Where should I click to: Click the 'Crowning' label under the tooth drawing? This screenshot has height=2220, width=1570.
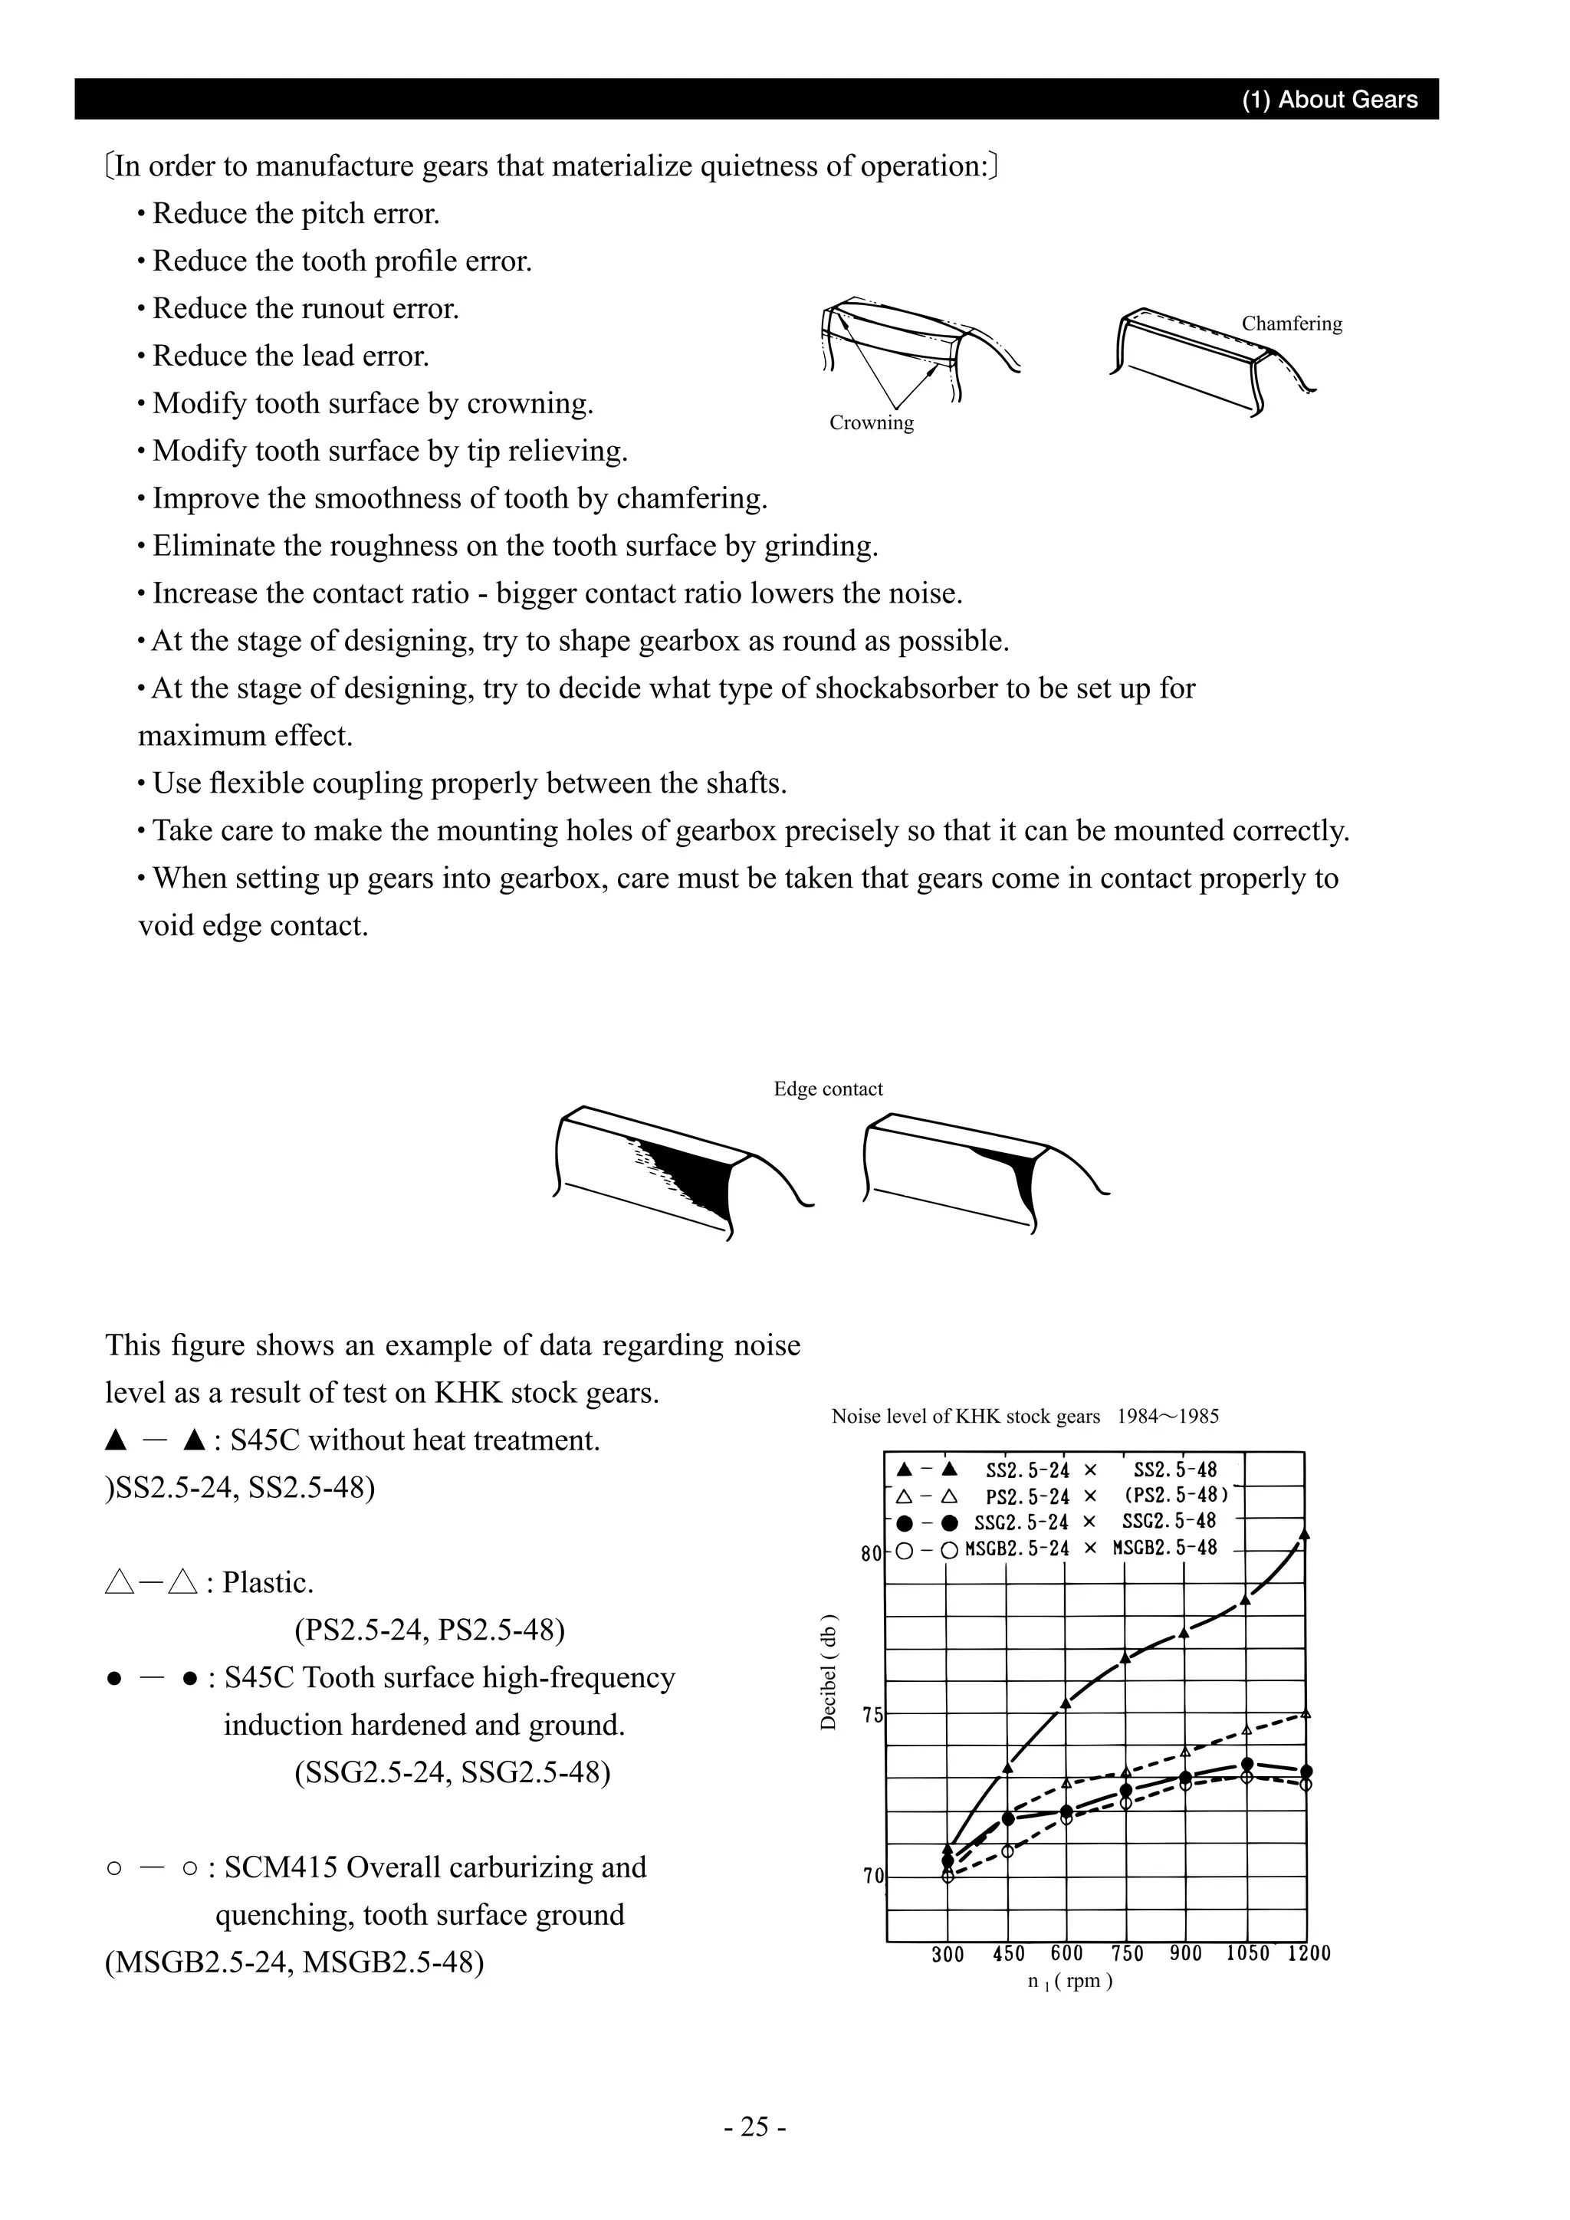871,422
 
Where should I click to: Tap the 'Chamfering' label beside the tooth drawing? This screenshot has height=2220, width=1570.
1292,324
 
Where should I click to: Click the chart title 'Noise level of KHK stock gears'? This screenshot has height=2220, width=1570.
965,1417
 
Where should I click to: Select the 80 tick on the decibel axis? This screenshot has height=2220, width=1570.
870,1554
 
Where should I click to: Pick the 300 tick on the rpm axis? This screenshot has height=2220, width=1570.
948,1954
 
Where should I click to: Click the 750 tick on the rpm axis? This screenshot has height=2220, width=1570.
1127,1953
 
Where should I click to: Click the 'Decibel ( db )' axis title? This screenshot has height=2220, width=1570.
829,1672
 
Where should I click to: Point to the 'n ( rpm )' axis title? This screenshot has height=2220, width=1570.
1070,1980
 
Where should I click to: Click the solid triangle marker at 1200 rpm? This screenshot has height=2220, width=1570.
1305,1535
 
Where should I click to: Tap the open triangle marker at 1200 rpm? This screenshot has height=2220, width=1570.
1305,1713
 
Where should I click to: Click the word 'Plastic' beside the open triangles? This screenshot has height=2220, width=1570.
267,1583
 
